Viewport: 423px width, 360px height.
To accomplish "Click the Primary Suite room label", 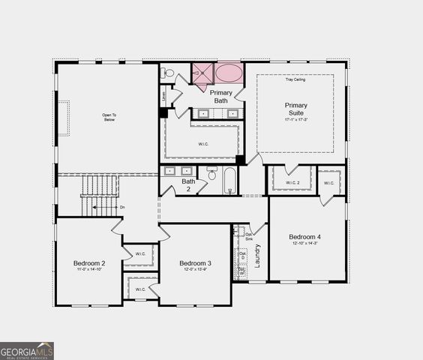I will [x=295, y=109].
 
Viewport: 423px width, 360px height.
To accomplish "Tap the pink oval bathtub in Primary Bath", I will [x=229, y=73].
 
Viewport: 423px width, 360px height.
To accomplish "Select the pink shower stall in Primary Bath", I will [x=202, y=75].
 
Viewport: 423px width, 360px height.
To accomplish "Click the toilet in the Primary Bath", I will [x=169, y=73].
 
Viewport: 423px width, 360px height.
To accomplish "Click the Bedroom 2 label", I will [x=89, y=263].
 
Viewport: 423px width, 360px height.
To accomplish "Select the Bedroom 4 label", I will [x=304, y=237].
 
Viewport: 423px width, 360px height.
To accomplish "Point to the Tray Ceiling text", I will [x=295, y=80].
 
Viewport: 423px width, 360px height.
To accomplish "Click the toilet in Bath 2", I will [x=212, y=174].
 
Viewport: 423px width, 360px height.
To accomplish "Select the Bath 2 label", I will [x=188, y=184].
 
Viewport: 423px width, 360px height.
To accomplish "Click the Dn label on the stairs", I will [x=122, y=207].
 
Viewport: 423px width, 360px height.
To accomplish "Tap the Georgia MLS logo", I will [x=27, y=351].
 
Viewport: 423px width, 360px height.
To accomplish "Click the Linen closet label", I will [x=163, y=97].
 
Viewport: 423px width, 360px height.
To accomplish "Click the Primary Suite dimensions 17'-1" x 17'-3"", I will [x=295, y=120].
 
